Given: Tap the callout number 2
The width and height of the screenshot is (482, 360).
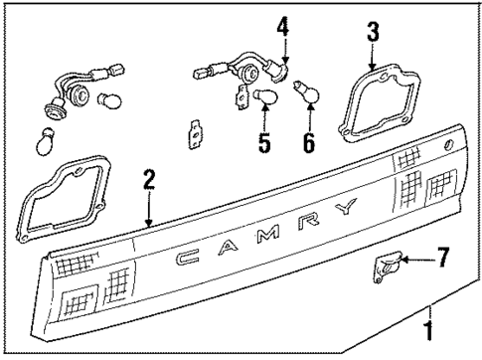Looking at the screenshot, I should [148, 180].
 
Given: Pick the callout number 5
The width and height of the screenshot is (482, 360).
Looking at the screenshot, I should [264, 142].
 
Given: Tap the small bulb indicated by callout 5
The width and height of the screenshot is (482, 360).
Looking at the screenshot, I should [265, 96].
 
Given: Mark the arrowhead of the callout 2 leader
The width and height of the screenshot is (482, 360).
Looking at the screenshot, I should [148, 225].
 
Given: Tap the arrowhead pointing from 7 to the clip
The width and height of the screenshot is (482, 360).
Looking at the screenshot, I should [406, 261].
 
